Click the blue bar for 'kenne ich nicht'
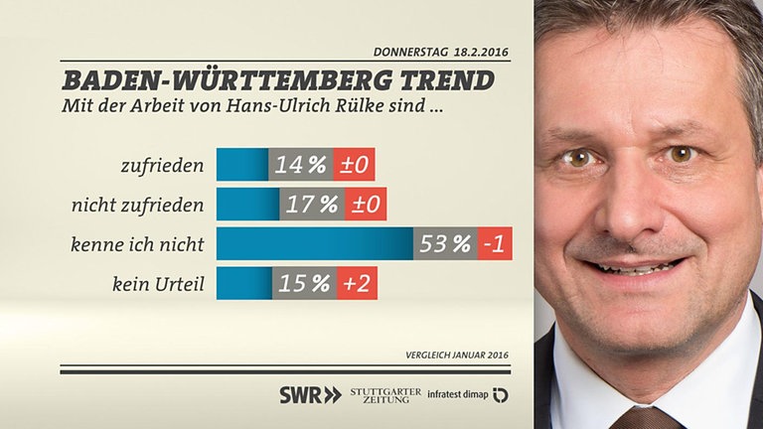click(x=314, y=243)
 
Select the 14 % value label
click(x=301, y=164)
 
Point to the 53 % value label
click(x=445, y=243)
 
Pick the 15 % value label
click(x=303, y=283)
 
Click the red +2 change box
click(x=357, y=283)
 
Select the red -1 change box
click(x=494, y=243)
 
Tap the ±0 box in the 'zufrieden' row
click(x=354, y=164)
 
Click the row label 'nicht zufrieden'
click(x=140, y=205)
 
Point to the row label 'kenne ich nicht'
click(x=138, y=244)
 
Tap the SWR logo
click(x=309, y=395)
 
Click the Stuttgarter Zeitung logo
click(x=385, y=395)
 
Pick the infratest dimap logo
click(x=468, y=395)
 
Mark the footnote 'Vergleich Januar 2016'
click(x=458, y=355)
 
